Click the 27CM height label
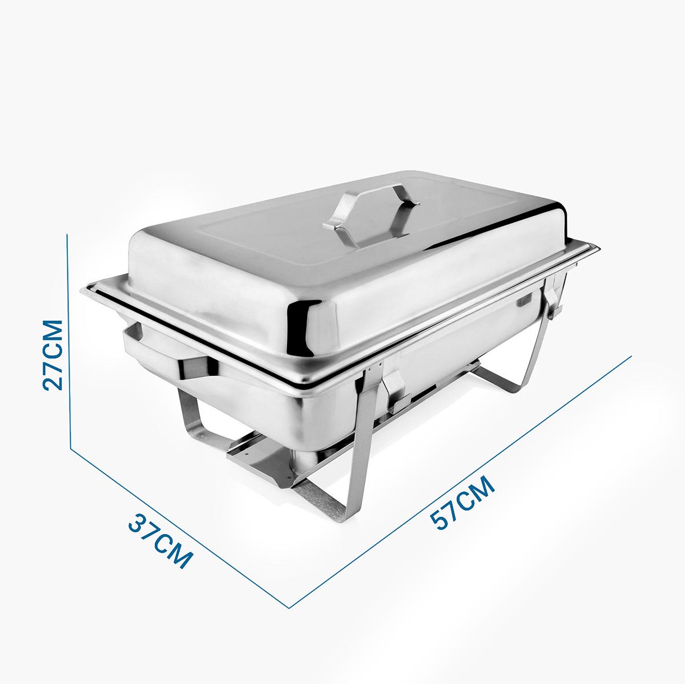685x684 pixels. [x=53, y=355]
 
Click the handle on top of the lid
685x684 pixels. [x=372, y=214]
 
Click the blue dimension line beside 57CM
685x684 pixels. [x=460, y=482]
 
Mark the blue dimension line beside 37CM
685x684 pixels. [x=179, y=528]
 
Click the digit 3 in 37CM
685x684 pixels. [x=136, y=522]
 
